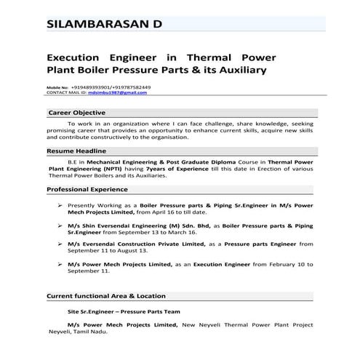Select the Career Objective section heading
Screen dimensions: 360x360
76,113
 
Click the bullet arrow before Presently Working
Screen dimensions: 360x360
59,207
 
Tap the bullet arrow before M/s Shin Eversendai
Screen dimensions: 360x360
59,226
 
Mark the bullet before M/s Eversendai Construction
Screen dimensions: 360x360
59,245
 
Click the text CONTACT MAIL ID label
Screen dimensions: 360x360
66,93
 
